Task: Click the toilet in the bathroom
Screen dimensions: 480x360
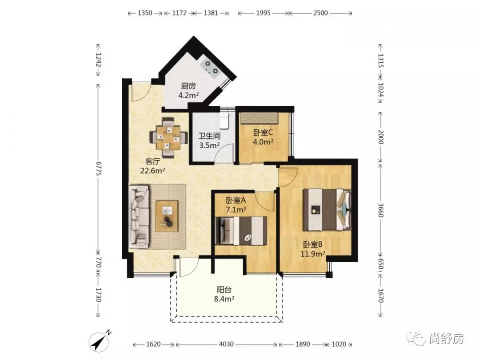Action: click(x=224, y=120)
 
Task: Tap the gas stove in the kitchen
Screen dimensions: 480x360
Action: click(x=211, y=68)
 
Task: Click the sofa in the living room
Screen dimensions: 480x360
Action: click(x=139, y=216)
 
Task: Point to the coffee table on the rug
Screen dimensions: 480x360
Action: click(x=167, y=216)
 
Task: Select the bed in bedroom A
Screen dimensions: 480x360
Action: click(x=241, y=231)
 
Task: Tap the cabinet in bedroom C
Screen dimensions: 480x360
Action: click(x=259, y=118)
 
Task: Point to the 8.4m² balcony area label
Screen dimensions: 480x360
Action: click(x=224, y=299)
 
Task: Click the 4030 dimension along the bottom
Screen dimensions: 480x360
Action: click(x=226, y=344)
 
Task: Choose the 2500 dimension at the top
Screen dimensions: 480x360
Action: click(x=320, y=13)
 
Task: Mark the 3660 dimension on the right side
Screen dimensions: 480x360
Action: click(x=380, y=210)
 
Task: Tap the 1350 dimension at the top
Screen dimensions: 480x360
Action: click(x=145, y=13)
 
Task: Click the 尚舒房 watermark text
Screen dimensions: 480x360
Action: click(x=446, y=339)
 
